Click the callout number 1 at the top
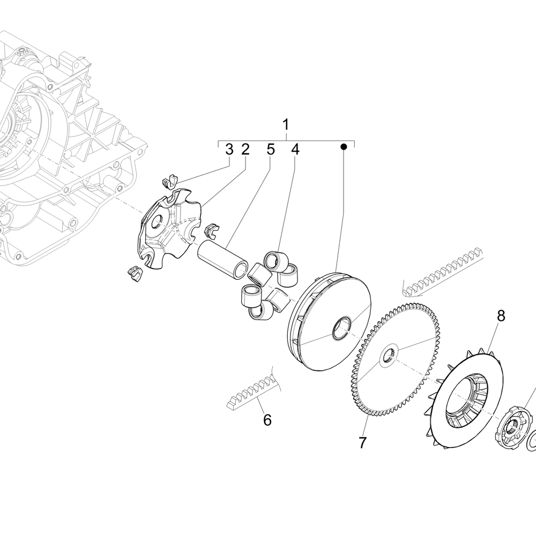286,125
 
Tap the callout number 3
229,150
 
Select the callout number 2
245,150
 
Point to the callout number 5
271,150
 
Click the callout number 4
295,150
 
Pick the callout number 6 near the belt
267,420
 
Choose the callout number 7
362,443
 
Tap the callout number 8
501,316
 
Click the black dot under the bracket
344,146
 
